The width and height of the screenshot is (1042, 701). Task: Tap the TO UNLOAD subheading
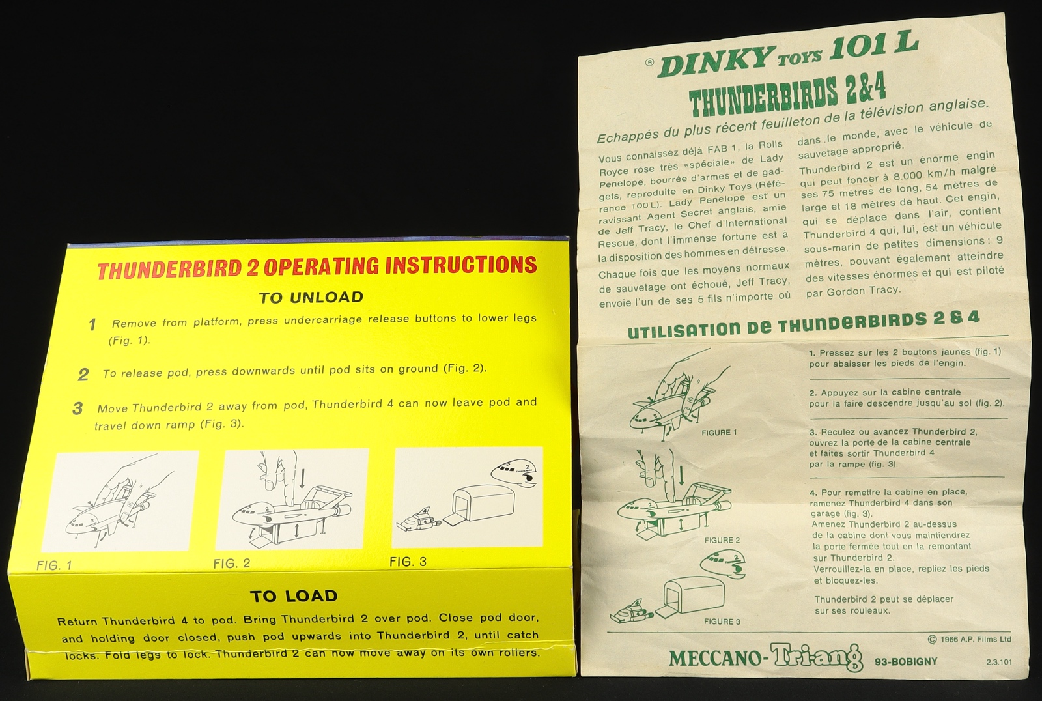pos(311,298)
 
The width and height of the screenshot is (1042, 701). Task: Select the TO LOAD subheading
pos(294,596)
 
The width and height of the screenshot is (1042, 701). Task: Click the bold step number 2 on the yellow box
pos(84,375)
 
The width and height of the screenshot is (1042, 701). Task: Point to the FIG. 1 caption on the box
pos(55,565)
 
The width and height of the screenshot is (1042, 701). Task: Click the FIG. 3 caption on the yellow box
pos(408,562)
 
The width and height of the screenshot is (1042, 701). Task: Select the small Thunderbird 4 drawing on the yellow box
pos(418,520)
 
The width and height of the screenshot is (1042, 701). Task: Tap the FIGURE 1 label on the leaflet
pos(719,433)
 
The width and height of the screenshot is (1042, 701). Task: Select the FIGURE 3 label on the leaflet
pos(722,622)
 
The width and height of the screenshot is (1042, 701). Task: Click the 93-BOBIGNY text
pos(906,661)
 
